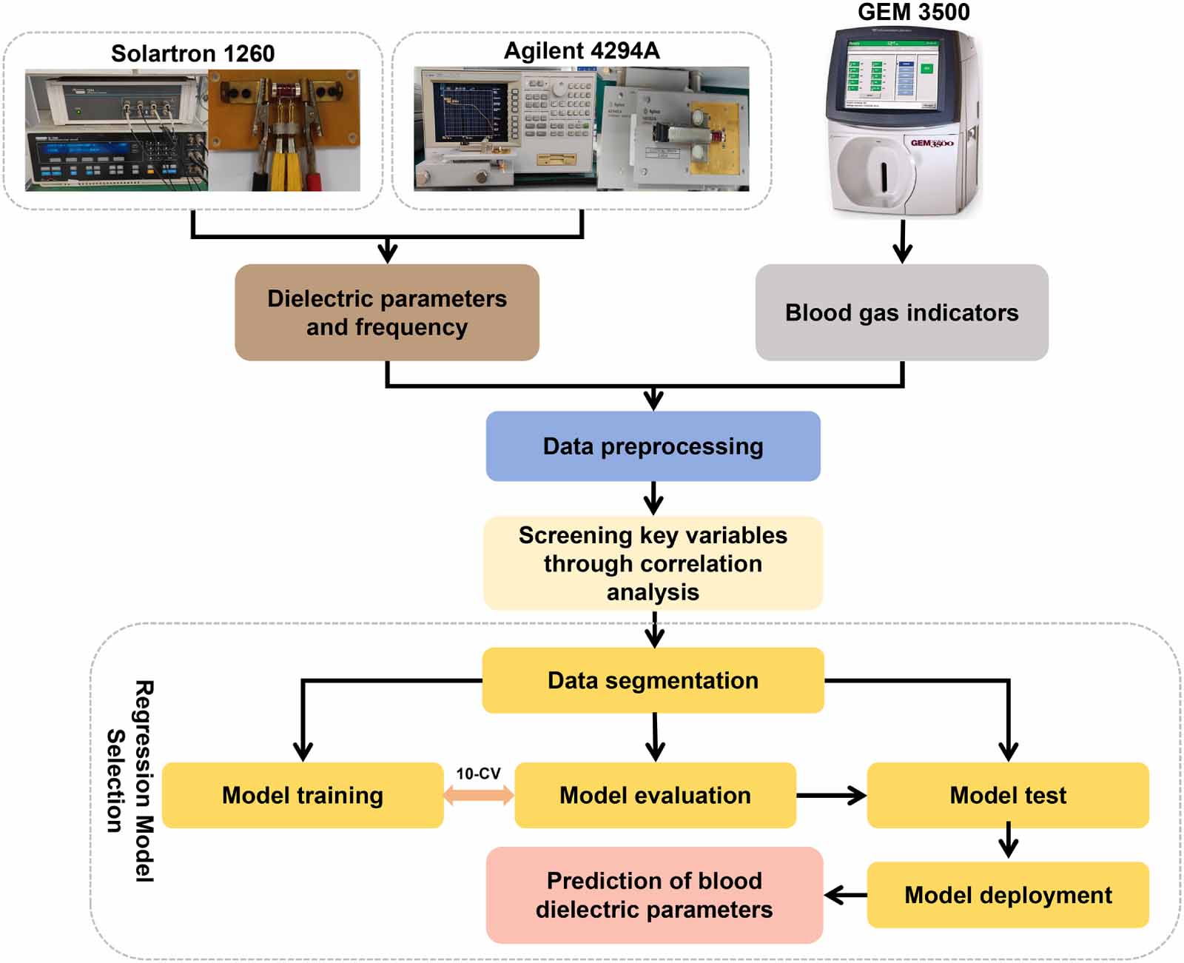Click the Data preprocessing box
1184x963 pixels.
(653, 446)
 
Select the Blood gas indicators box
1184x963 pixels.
(901, 312)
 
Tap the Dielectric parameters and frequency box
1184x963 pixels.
(386, 312)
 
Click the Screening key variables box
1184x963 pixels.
(653, 563)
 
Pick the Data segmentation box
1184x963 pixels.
(653, 680)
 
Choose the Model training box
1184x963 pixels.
(302, 795)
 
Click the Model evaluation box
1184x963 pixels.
(655, 795)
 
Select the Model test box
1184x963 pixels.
(1007, 795)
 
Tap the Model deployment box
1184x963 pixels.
(1007, 895)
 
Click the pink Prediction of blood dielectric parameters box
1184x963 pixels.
(654, 895)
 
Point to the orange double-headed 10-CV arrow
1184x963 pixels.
(479, 796)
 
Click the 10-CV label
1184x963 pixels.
(478, 774)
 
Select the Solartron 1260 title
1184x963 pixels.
(192, 53)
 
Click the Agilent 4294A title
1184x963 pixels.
(582, 50)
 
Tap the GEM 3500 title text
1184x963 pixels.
(913, 12)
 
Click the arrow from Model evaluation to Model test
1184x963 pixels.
(831, 796)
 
